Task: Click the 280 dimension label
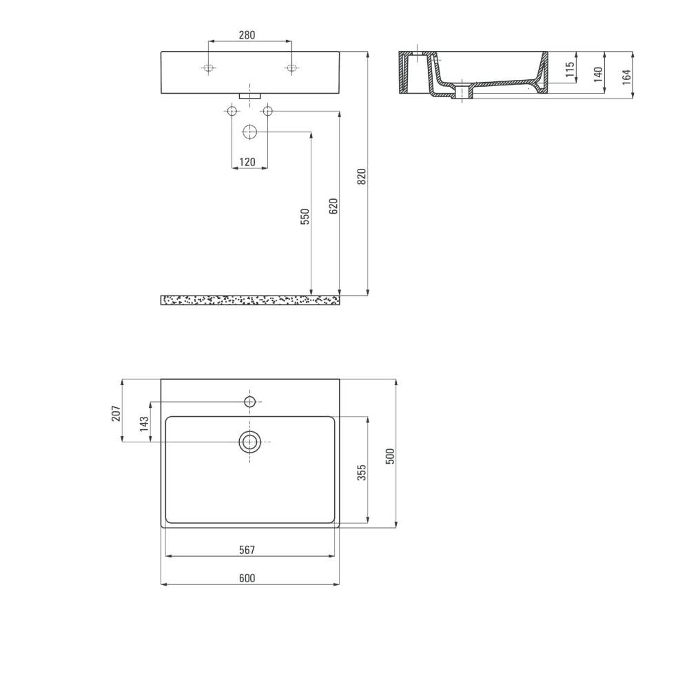pyautogui.click(x=247, y=34)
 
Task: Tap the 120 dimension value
pyautogui.click(x=247, y=162)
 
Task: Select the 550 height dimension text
pyautogui.click(x=305, y=216)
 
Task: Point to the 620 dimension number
pyautogui.click(x=333, y=206)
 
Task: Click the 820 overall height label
pyautogui.click(x=362, y=176)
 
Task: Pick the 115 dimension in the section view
pyautogui.click(x=570, y=70)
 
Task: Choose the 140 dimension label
pyautogui.click(x=598, y=74)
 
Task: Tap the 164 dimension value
pyautogui.click(x=626, y=77)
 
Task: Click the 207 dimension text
pyautogui.click(x=116, y=413)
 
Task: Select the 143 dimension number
pyautogui.click(x=144, y=424)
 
